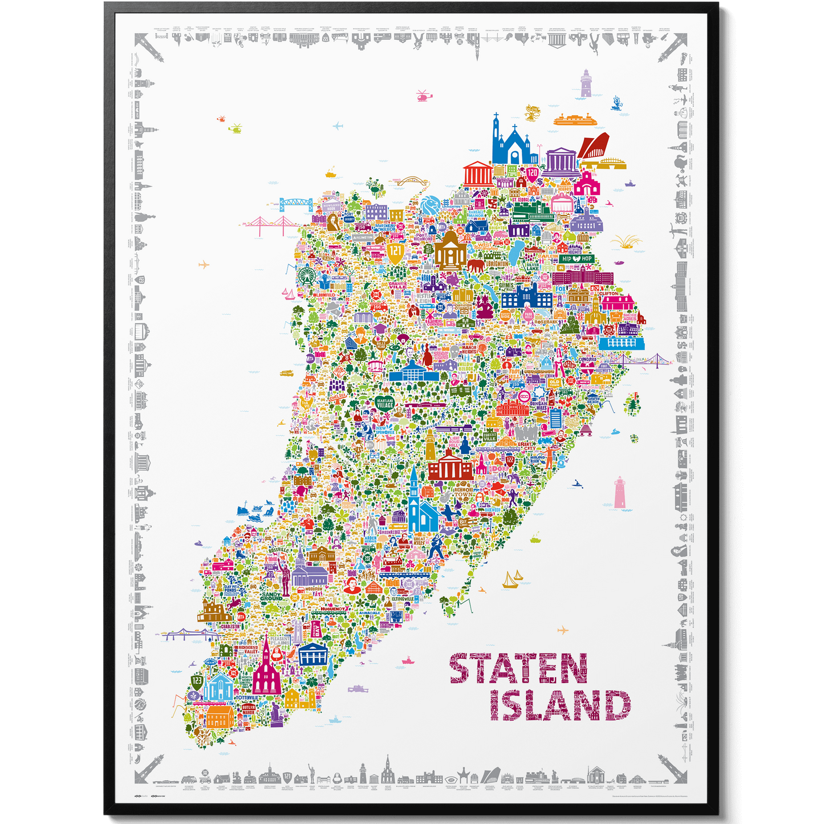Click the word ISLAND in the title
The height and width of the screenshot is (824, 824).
(560, 706)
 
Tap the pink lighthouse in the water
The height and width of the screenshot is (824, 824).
(620, 493)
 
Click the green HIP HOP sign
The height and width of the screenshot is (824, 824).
(577, 259)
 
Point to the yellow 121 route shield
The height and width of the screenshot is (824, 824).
(395, 251)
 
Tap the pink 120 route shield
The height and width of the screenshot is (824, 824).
(532, 173)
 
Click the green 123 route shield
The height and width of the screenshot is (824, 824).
(197, 681)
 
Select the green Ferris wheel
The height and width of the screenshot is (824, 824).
(305, 276)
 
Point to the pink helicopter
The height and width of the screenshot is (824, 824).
(423, 96)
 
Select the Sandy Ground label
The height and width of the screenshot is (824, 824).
(271, 596)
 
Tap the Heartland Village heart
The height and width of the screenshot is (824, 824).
(385, 404)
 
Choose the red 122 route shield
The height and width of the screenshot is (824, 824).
(510, 460)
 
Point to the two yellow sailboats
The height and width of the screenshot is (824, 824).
(512, 580)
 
